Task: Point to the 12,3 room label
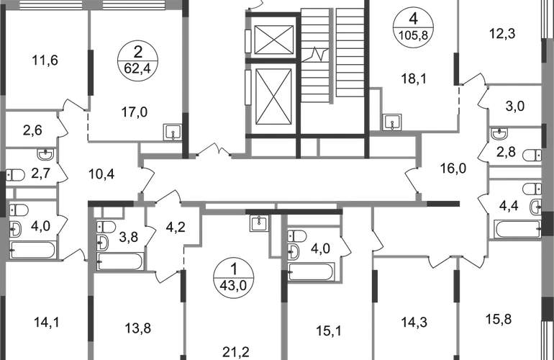tap(497, 34)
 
